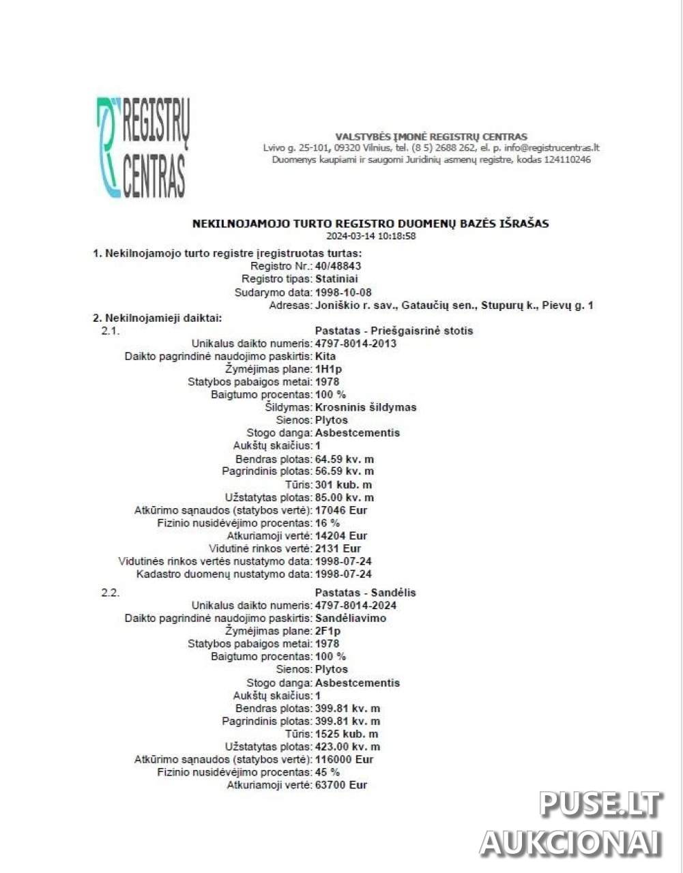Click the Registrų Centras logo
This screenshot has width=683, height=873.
click(x=143, y=147)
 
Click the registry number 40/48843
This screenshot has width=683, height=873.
click(x=338, y=266)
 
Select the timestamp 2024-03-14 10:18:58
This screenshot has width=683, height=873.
click(x=370, y=236)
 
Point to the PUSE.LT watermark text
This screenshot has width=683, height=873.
click(x=600, y=804)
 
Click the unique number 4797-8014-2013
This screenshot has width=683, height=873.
click(x=355, y=343)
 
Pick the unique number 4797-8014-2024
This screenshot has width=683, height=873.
click(x=355, y=605)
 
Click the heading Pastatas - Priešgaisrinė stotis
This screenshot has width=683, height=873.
click(x=394, y=331)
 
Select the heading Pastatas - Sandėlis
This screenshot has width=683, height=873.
click(x=365, y=592)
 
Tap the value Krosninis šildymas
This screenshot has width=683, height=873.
click(x=366, y=407)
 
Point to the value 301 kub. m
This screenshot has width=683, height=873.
click(x=343, y=484)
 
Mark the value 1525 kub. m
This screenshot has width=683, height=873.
click(x=347, y=734)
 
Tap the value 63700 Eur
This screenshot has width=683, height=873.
click(x=341, y=784)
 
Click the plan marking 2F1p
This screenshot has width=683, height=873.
click(x=328, y=631)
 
